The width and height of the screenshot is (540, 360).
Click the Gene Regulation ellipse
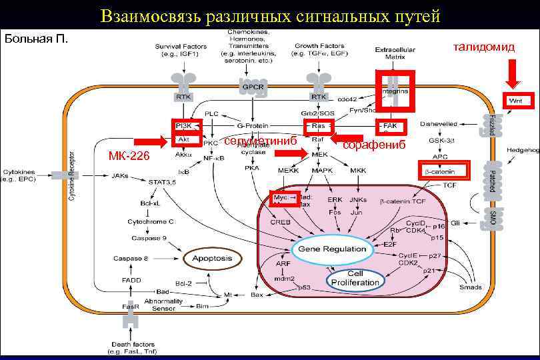point(331,249)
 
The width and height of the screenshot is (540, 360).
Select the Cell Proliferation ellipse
point(355,278)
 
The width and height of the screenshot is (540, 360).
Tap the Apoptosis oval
point(212,258)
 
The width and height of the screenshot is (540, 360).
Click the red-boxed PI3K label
point(183,125)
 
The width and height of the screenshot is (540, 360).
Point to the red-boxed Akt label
point(183,139)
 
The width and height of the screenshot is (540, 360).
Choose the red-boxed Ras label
point(319,125)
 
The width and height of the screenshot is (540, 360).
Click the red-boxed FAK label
point(390,125)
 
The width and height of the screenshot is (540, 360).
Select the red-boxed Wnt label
point(515,100)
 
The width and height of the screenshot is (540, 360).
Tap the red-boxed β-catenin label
point(440,171)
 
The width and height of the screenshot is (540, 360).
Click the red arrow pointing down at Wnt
point(512,73)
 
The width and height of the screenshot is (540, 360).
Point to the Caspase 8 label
point(131,258)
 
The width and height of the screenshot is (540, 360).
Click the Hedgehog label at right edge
point(523,150)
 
